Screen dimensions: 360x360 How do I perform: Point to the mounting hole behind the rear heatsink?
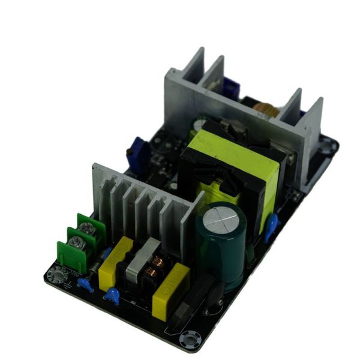click(327, 144)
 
